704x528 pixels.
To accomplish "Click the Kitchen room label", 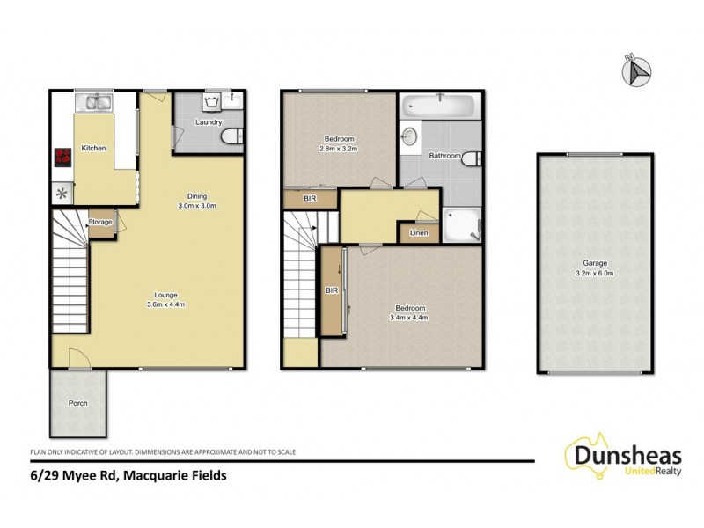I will tap(93, 148).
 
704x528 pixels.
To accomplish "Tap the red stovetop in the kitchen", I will tap(63, 157).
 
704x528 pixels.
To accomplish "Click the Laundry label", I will tap(209, 122).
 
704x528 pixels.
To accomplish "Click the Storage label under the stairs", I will tap(100, 222).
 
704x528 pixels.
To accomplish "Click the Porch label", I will tap(78, 403).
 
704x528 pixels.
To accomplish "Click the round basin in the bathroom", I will tap(409, 136).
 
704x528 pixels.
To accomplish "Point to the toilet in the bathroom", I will tap(472, 158).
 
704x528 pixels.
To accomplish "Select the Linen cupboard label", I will tap(418, 232).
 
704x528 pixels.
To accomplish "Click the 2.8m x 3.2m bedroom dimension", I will tap(339, 149).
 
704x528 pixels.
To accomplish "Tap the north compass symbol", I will tap(635, 71).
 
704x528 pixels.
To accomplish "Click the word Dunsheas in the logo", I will tap(626, 455).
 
